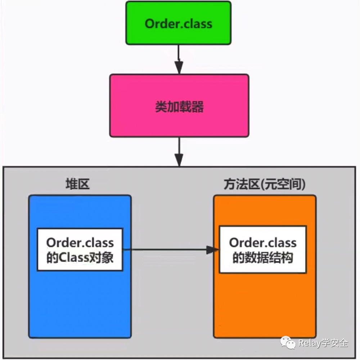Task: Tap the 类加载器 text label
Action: (179, 107)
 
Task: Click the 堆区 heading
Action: (77, 184)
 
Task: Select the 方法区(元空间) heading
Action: (264, 184)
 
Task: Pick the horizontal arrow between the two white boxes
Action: (166, 249)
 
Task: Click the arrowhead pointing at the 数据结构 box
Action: (213, 249)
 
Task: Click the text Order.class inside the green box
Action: (178, 24)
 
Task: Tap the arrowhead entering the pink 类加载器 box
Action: (179, 68)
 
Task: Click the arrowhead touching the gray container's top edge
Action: (179, 159)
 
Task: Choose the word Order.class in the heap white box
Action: (80, 242)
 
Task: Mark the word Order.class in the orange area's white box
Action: (263, 242)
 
